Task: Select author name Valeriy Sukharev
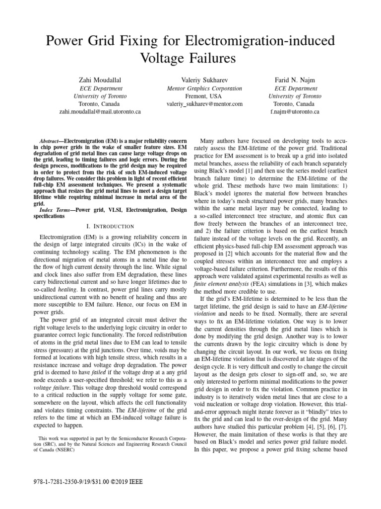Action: [x=204, y=80]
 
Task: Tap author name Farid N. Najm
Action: [x=295, y=80]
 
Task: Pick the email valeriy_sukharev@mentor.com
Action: [x=204, y=104]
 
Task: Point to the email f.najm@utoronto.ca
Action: [x=295, y=112]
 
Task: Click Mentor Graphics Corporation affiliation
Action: [x=204, y=88]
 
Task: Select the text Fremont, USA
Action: [x=204, y=96]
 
